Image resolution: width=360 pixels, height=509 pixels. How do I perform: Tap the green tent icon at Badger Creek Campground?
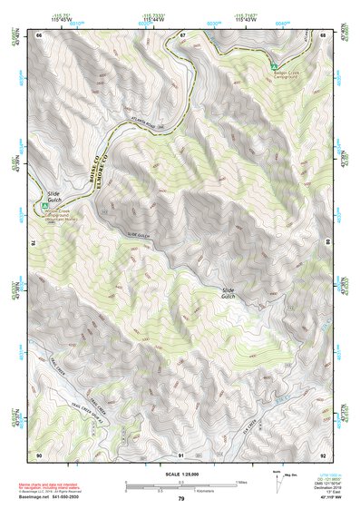pos(274,66)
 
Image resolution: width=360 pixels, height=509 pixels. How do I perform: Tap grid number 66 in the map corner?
pos(39,35)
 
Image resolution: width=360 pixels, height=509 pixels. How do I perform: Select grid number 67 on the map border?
pos(181,35)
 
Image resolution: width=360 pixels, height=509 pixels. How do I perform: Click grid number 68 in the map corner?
pos(324,35)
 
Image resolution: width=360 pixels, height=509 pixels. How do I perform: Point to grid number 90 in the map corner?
pos(39,454)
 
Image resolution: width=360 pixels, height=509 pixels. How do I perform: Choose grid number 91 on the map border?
pos(181,454)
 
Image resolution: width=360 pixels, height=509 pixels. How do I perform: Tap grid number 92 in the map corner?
pos(324,454)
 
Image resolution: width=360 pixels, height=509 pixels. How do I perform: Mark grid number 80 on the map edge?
pos(328,243)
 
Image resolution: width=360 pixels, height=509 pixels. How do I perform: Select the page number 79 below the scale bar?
pos(180,499)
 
